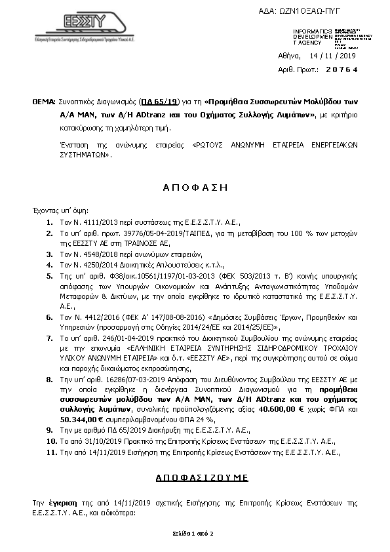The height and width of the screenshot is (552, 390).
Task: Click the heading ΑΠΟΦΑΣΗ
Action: [x=195, y=187]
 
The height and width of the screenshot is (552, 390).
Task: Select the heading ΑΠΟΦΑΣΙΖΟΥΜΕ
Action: [x=195, y=478]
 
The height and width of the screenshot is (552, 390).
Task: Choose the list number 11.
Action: [x=50, y=452]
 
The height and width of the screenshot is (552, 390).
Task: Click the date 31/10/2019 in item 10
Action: [x=97, y=442]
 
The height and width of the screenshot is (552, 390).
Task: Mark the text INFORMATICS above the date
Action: [x=313, y=31]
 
